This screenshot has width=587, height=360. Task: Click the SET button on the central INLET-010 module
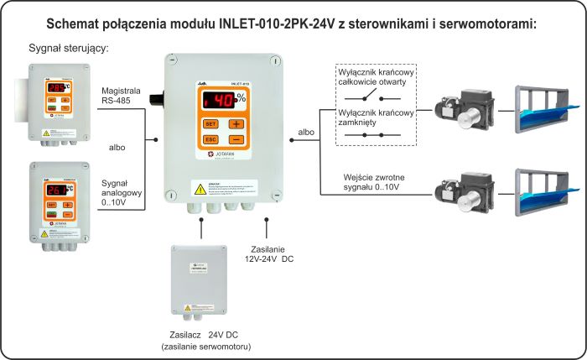pyautogui.click(x=210, y=123)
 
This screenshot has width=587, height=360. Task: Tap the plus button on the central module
pyautogui.click(x=236, y=123)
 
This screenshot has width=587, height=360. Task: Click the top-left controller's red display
pyautogui.click(x=56, y=87)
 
